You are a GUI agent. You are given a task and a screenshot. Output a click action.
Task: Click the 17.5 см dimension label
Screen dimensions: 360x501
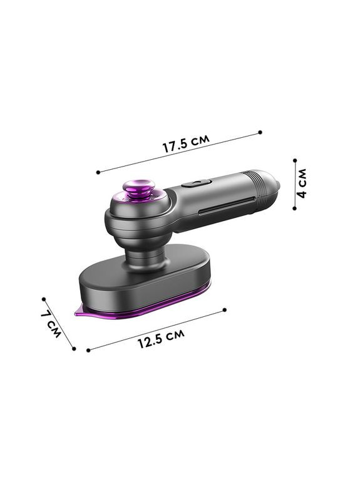186,143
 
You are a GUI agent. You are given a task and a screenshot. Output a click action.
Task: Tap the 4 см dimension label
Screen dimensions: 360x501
302,183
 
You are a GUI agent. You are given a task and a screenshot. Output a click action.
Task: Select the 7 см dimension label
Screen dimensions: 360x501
51,324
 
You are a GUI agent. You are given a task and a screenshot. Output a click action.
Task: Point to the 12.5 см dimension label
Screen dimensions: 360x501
161,339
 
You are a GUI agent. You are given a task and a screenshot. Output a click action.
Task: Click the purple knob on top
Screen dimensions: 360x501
138,189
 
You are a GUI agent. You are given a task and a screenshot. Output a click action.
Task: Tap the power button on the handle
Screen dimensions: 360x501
197,183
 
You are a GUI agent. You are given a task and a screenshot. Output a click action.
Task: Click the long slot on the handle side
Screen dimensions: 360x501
227,205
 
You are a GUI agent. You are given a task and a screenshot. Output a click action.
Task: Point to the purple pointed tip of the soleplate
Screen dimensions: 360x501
79,312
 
